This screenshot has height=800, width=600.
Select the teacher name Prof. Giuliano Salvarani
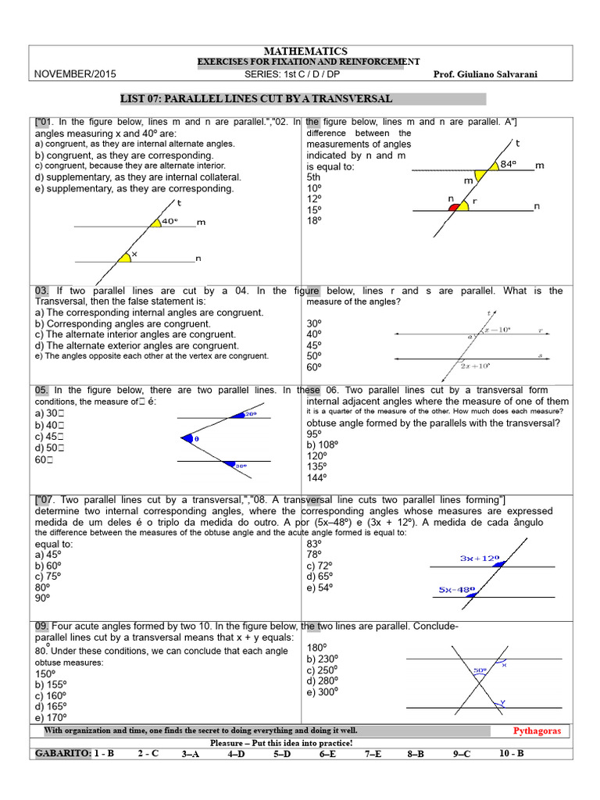click(x=495, y=73)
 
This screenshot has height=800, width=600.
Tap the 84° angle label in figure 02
click(x=509, y=164)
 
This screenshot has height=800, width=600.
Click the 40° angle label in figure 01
click(x=170, y=221)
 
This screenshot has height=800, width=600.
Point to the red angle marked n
click(x=452, y=207)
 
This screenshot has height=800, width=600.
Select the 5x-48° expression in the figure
click(x=457, y=590)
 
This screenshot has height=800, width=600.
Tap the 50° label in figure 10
click(x=479, y=670)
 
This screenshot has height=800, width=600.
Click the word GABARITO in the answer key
click(x=62, y=754)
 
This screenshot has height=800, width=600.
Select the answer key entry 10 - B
click(x=511, y=754)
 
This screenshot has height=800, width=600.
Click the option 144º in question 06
click(x=317, y=477)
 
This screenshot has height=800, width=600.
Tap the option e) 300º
click(x=323, y=692)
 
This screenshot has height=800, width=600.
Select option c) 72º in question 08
click(x=321, y=565)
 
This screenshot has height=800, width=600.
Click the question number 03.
click(x=42, y=291)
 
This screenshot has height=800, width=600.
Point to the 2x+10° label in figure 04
click(x=474, y=366)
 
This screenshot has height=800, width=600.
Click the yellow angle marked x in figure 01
click(x=125, y=256)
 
